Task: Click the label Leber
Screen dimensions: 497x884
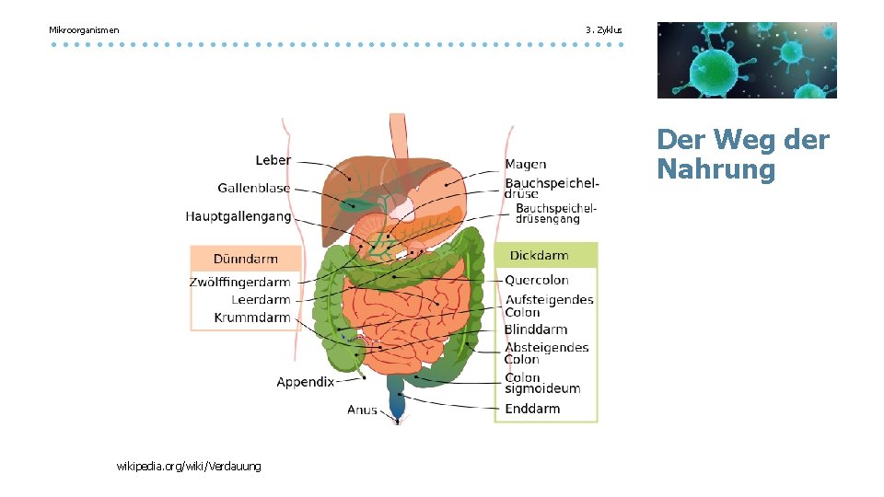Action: [x=273, y=160]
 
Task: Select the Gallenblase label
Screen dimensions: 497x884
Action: [x=253, y=189]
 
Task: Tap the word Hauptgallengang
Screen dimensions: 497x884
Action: [x=238, y=217]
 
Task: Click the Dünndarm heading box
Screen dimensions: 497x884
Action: [x=246, y=259]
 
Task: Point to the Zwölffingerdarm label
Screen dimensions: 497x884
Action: [x=239, y=283]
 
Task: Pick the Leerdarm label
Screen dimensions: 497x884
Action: [x=261, y=300]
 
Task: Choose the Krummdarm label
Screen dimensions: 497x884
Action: [x=252, y=318]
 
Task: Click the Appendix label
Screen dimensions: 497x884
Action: [x=305, y=382]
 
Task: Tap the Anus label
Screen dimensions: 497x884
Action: [x=362, y=410]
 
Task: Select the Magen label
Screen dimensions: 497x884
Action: [x=525, y=165]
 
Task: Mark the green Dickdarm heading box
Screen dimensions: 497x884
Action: [x=545, y=256]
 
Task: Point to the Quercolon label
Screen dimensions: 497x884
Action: [x=537, y=281]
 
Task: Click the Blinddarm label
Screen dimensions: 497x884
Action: [x=536, y=329]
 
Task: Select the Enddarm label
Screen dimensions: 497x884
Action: [x=532, y=409]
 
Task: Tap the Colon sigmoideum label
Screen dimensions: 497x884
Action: [x=542, y=383]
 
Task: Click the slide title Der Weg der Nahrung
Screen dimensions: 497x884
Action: [x=742, y=155]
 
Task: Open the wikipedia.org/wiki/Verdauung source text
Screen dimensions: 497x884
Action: [x=189, y=467]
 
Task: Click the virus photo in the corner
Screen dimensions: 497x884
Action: [x=747, y=60]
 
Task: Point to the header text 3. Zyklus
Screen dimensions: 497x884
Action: [x=604, y=30]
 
